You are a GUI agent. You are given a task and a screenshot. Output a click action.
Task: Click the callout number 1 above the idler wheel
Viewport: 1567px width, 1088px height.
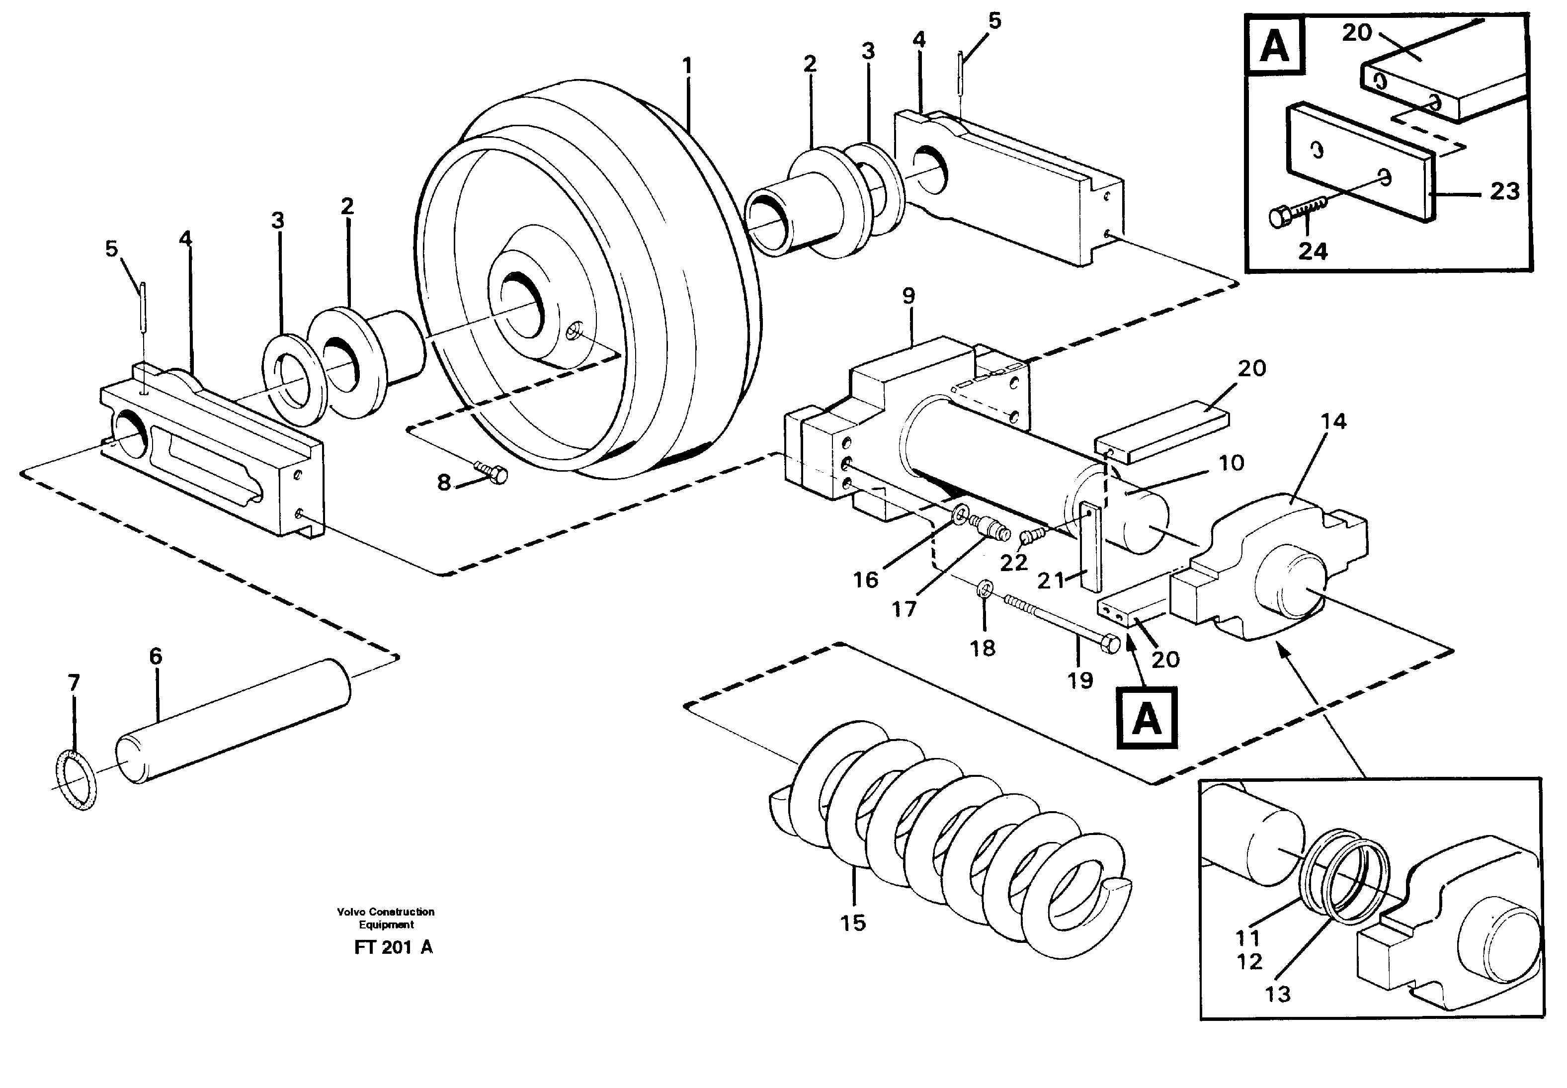click(686, 67)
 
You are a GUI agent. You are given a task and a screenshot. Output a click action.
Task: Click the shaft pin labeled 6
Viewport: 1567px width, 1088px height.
click(235, 723)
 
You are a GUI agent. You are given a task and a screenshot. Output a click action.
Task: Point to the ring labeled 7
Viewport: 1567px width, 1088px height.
click(75, 779)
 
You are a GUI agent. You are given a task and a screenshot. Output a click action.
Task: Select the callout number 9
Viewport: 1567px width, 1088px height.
click(908, 296)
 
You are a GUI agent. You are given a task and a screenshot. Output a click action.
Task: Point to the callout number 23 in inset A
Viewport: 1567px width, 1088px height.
click(1504, 191)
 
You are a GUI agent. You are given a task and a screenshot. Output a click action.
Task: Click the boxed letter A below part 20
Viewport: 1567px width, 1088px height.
click(1147, 719)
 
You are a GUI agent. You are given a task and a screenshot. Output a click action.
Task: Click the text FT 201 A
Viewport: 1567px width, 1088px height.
click(393, 947)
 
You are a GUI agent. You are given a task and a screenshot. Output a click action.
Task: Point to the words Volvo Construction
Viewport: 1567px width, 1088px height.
click(385, 912)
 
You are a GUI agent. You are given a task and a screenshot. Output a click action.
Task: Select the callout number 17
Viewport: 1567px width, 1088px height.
click(904, 609)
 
